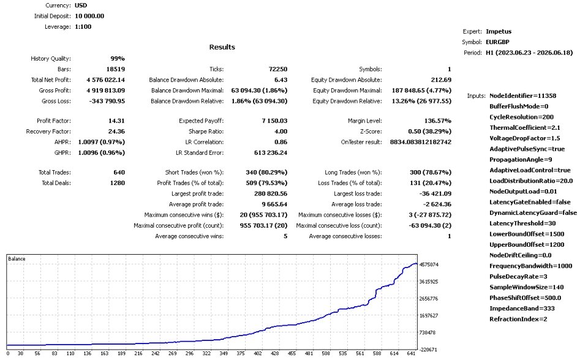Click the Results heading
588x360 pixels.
[222, 47]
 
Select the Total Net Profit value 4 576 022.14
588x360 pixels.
[106, 80]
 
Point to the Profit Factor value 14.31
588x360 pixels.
[116, 121]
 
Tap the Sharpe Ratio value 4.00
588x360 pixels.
[281, 131]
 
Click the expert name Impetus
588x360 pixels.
[499, 31]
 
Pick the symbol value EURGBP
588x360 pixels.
[497, 42]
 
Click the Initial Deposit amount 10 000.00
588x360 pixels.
[89, 16]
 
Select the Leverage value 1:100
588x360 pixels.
[83, 26]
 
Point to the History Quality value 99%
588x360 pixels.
[118, 59]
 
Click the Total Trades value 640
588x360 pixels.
[119, 172]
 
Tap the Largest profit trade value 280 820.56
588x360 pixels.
[271, 193]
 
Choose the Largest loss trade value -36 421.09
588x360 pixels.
[435, 193]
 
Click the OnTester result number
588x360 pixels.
[421, 142]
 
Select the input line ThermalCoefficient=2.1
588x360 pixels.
[525, 127]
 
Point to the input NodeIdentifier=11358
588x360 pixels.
[522, 96]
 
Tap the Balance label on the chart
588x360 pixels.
[17, 259]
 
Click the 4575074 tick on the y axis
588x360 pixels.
[429, 264]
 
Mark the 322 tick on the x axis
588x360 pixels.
[206, 353]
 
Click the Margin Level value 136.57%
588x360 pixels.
[437, 121]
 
